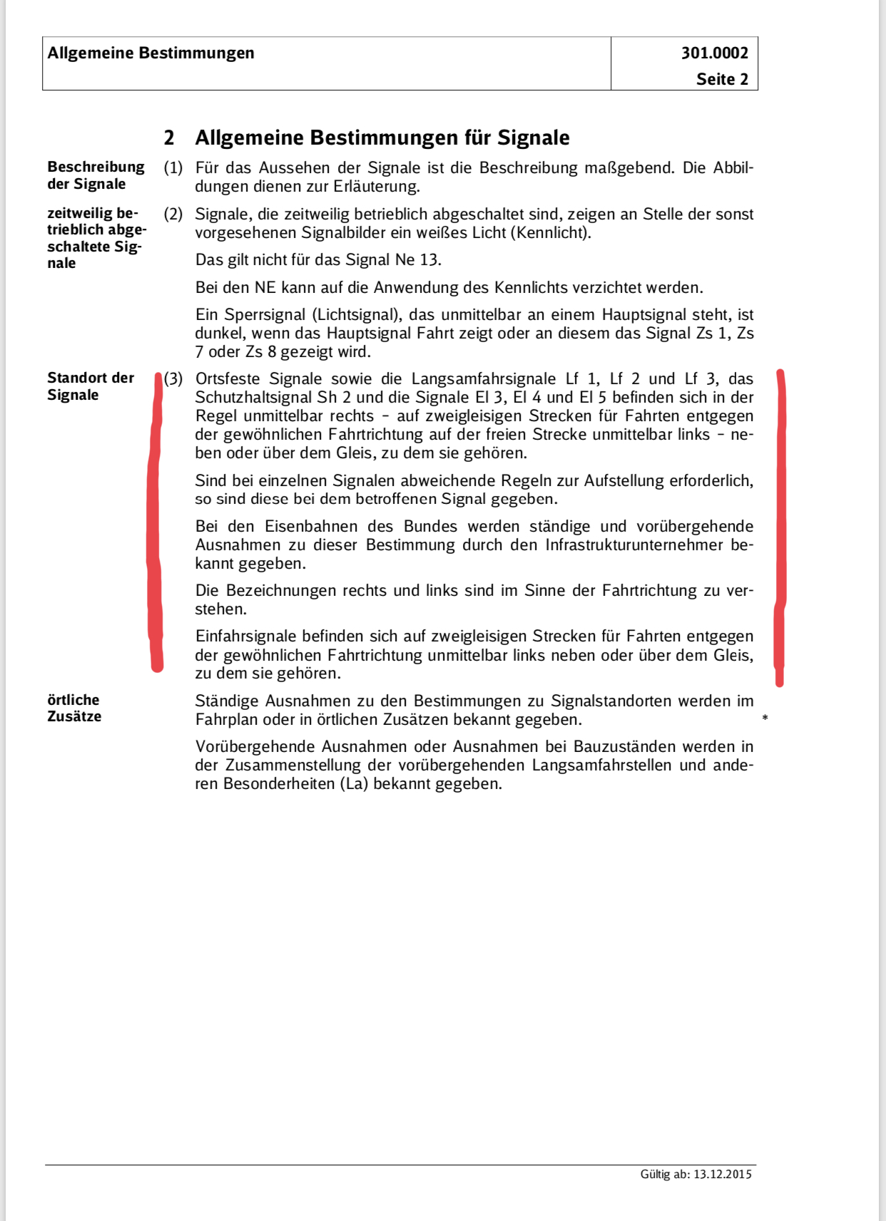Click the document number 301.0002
pyautogui.click(x=714, y=53)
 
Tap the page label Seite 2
pyautogui.click(x=722, y=79)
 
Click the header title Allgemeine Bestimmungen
pyautogui.click(x=151, y=53)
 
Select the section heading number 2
pyautogui.click(x=169, y=138)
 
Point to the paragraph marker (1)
pyautogui.click(x=173, y=168)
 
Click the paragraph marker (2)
pyautogui.click(x=173, y=215)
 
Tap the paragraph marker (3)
pyautogui.click(x=173, y=378)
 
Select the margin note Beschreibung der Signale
pyautogui.click(x=96, y=175)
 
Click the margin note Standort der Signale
pyautogui.click(x=91, y=386)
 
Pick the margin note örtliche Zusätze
pyautogui.click(x=74, y=708)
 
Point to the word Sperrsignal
pyautogui.click(x=265, y=315)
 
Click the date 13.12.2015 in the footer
pyautogui.click(x=722, y=1175)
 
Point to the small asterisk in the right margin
pyautogui.click(x=765, y=718)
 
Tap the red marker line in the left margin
pyautogui.click(x=155, y=520)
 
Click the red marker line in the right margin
pyautogui.click(x=781, y=527)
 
